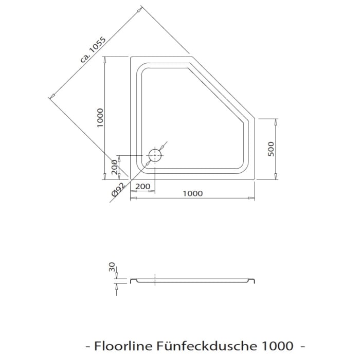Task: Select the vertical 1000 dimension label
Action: pos(100,118)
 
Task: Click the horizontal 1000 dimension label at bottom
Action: pos(192,193)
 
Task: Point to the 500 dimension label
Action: pos(272,148)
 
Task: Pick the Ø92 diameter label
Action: pos(118,190)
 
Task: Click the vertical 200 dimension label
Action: pos(114,167)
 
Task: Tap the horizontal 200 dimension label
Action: pos(142,186)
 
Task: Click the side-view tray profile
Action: pos(192,281)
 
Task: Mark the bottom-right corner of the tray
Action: pos(255,179)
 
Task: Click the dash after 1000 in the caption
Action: pos(302,344)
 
